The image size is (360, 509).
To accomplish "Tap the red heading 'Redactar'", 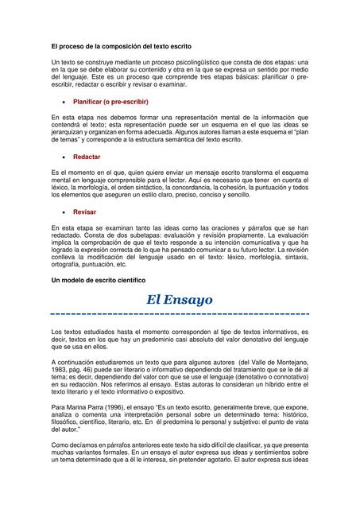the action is point(87,157).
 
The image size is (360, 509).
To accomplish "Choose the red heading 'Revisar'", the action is point(85,212).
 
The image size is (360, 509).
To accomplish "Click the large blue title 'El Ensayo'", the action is point(180,300).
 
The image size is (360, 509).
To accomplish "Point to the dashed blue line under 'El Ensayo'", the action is point(180,314).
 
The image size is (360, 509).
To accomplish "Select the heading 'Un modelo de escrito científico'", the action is point(98,282).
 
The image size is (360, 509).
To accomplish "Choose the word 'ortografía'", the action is point(66,266).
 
